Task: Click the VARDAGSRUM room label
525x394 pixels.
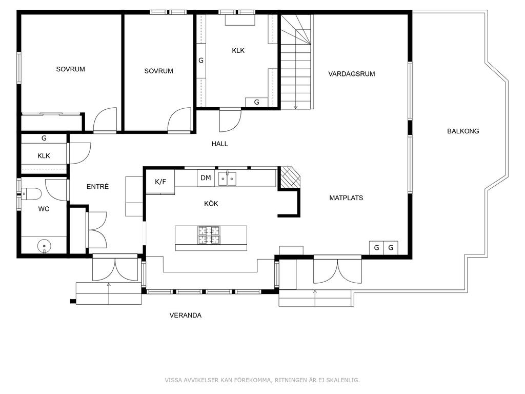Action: click(x=351, y=74)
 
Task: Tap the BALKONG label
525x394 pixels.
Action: click(x=463, y=131)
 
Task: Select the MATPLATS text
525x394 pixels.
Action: click(x=346, y=198)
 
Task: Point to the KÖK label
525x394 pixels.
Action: click(x=211, y=203)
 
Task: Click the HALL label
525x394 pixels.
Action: click(x=219, y=144)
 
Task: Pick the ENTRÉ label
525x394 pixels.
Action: click(x=98, y=187)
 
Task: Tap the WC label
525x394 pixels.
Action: click(x=44, y=209)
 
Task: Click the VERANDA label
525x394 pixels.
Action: click(x=186, y=316)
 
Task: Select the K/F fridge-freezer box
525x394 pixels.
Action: click(x=160, y=182)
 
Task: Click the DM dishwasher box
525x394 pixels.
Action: click(x=206, y=178)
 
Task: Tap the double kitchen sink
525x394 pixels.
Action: click(x=227, y=179)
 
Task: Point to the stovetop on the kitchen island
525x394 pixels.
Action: click(x=209, y=235)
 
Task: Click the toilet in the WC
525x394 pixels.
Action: click(x=31, y=194)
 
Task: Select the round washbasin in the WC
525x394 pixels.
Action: click(x=44, y=246)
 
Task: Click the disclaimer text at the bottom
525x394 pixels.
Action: click(x=262, y=380)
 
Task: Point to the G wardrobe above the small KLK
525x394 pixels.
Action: click(x=44, y=139)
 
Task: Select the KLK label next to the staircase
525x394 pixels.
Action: click(x=238, y=51)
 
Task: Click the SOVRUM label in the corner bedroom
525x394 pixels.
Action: click(x=70, y=69)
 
